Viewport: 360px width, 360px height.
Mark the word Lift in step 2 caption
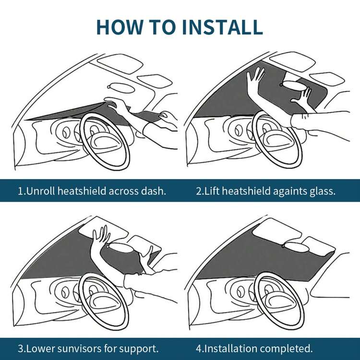[212, 191]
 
